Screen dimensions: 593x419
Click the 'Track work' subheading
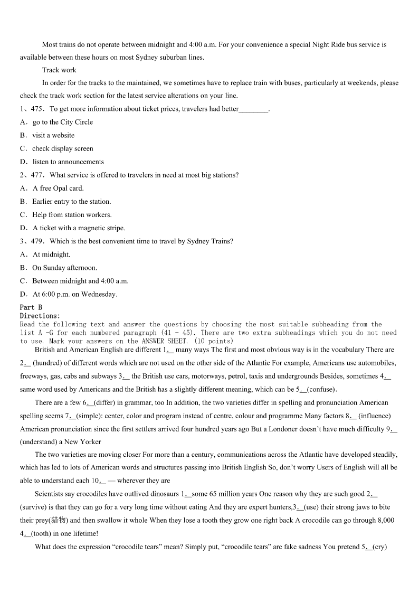pyautogui.click(x=59, y=70)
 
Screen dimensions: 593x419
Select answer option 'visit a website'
pyautogui.click(x=53, y=135)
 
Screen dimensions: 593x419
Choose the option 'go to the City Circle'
pyautogui.click(x=62, y=122)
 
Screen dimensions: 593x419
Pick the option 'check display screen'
pyautogui.click(x=62, y=148)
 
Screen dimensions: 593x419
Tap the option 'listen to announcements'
pyautogui.click(x=68, y=162)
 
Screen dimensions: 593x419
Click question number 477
pyautogui.click(x=37, y=175)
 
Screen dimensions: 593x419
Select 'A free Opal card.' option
pyautogui.click(x=58, y=188)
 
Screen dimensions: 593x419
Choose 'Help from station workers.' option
pyautogui.click(x=72, y=214)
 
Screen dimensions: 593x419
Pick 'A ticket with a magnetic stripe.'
pyautogui.click(x=79, y=228)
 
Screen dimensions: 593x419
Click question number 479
pyautogui.click(x=37, y=241)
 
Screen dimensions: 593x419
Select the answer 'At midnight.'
pyautogui.click(x=51, y=254)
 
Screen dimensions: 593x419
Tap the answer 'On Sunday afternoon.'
pyautogui.click(x=64, y=267)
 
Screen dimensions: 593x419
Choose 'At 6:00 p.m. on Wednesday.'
pyautogui.click(x=75, y=294)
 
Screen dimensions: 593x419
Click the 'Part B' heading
pyautogui.click(x=31, y=307)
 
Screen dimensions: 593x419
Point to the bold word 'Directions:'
pyautogui.click(x=40, y=315)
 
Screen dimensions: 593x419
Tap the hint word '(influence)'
pyautogui.click(x=375, y=416)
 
